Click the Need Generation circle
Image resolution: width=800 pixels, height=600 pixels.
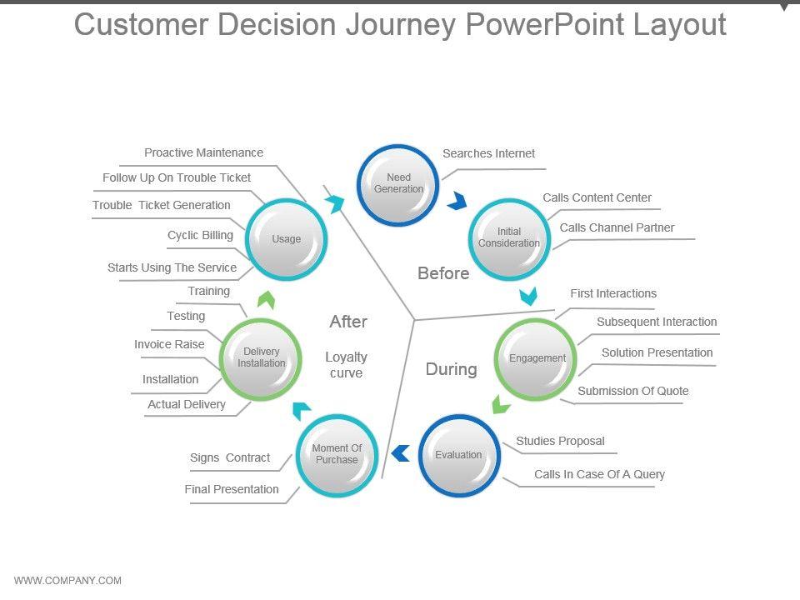coord(398,183)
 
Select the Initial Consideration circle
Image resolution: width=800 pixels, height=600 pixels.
coord(508,237)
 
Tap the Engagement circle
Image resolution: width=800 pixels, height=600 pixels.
coord(537,358)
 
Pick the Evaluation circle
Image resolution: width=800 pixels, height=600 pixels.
coord(458,455)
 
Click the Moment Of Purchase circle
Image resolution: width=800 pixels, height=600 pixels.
coord(337,454)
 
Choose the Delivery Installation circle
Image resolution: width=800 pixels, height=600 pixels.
coord(261,357)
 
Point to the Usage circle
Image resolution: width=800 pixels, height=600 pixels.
coord(286,239)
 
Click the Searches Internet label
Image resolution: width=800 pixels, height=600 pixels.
coord(488,153)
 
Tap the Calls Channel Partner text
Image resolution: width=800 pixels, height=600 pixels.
coord(617,227)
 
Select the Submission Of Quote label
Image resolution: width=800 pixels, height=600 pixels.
coord(632,391)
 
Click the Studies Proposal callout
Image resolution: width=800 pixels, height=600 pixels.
coord(560,441)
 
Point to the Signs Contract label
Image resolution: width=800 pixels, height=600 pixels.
coord(230,457)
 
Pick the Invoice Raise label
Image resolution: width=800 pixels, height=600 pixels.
coord(169,344)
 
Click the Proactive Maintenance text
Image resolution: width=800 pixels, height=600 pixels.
coord(203,152)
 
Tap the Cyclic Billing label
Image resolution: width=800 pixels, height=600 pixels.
coord(200,235)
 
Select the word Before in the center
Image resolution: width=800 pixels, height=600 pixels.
coord(443,273)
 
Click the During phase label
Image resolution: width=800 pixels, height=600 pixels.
coord(451,369)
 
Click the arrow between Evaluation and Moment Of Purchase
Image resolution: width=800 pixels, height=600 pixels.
coord(401,453)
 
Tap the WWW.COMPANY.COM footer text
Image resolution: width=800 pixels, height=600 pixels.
coord(67,581)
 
